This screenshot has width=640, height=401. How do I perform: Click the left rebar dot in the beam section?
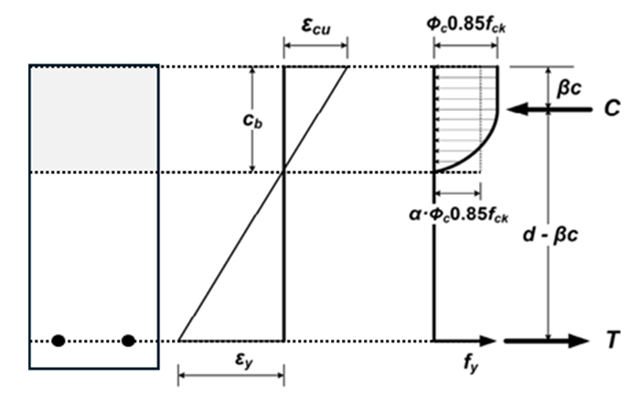[x=59, y=341]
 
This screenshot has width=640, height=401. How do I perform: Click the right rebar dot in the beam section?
[x=128, y=341]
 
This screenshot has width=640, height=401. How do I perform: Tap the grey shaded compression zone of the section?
[x=94, y=117]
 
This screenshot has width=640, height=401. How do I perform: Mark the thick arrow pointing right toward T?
[x=546, y=341]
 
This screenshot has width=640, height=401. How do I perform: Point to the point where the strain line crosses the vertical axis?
[x=283, y=171]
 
